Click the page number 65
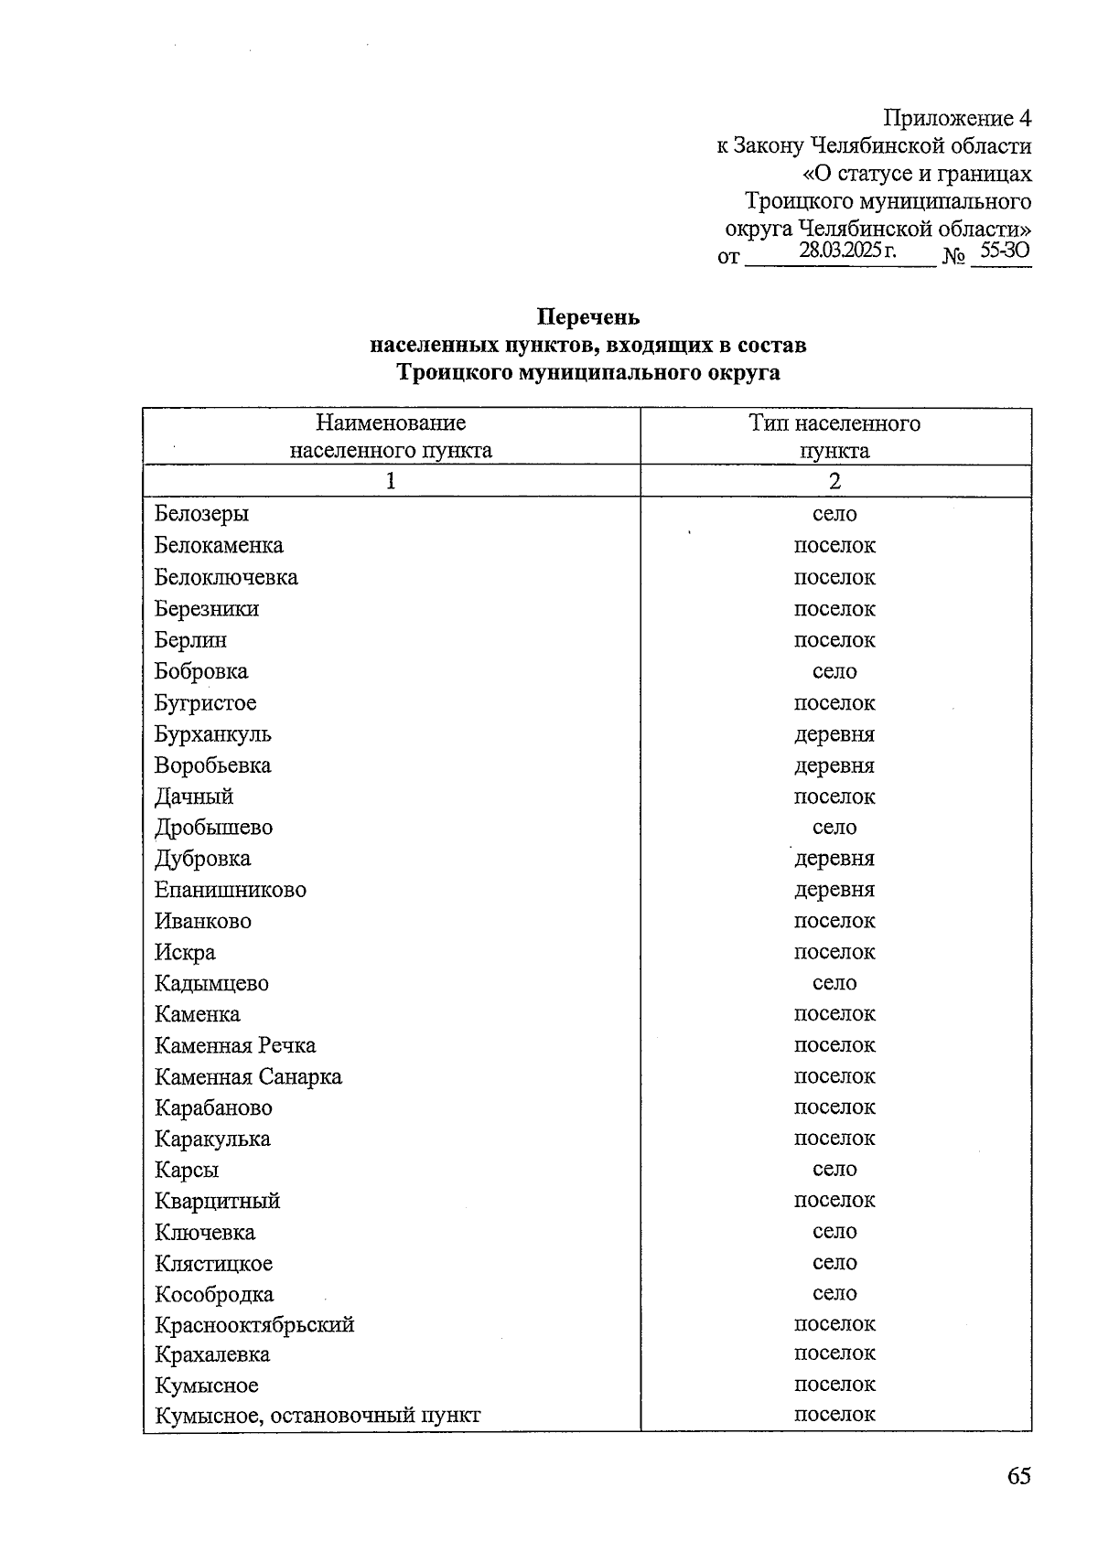1018,1475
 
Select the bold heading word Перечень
587,317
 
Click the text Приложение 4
956,118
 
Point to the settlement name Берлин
190,640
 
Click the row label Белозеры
201,514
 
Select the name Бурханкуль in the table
212,734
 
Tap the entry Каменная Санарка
248,1077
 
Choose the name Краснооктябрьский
254,1324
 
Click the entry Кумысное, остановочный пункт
317,1416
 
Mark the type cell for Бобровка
834,671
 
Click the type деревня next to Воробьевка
834,765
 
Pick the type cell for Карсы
834,1169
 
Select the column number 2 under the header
834,481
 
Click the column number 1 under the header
391,481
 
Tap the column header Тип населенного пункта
834,436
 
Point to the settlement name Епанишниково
230,890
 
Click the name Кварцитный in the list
217,1201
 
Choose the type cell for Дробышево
834,828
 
